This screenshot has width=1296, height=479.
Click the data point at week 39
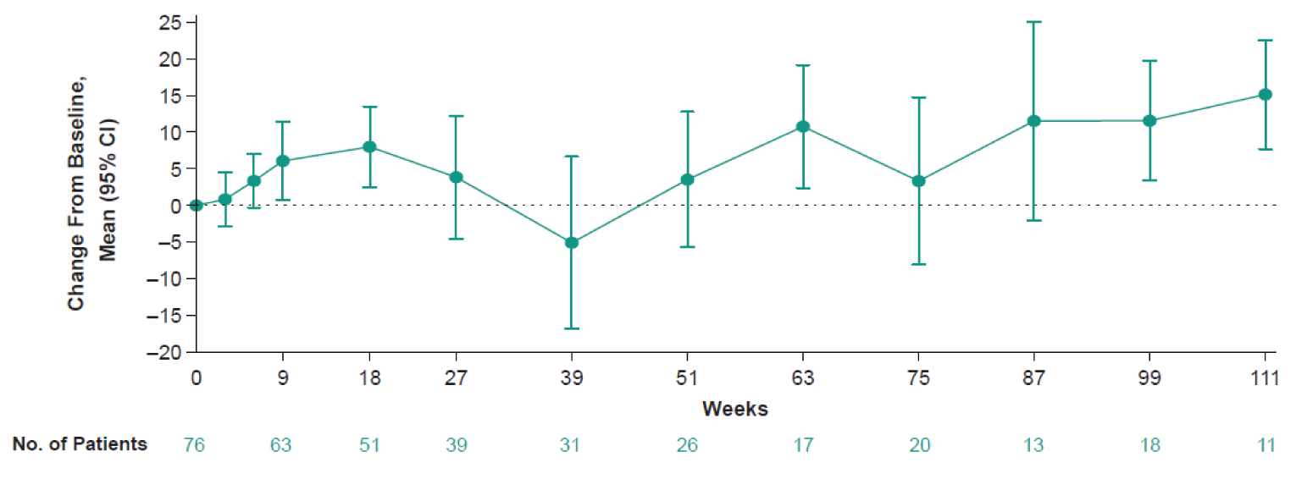click(572, 243)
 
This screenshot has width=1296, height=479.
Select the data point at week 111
click(1265, 95)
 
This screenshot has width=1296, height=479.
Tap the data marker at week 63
click(803, 127)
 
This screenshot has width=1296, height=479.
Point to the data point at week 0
click(197, 205)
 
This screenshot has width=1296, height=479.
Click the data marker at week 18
click(369, 146)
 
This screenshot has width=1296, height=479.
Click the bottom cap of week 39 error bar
click(572, 328)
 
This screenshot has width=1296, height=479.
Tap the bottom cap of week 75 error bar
click(918, 264)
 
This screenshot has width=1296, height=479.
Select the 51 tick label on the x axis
click(687, 378)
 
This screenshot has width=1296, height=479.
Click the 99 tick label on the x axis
click(1149, 378)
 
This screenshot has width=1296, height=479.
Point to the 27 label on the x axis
click(456, 378)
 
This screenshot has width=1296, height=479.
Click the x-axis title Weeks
click(734, 410)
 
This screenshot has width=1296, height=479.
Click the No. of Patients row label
click(80, 444)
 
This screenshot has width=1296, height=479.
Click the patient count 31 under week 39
click(570, 445)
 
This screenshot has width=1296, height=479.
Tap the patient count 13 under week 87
click(1033, 445)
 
